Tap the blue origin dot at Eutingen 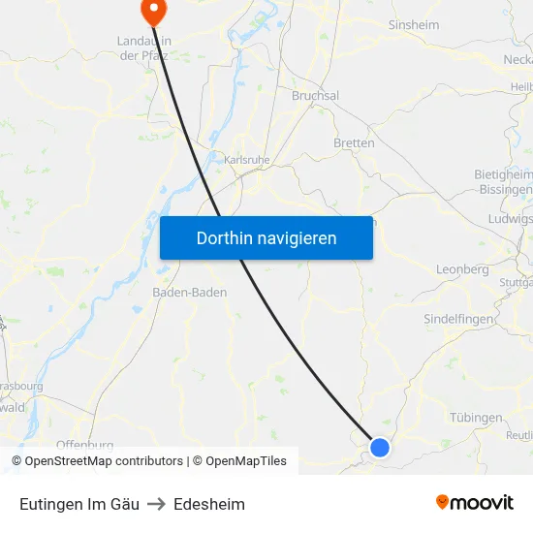(x=380, y=448)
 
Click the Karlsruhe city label (x=246, y=160)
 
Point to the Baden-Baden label (x=190, y=292)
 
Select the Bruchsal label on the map (x=315, y=96)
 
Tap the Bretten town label (x=354, y=142)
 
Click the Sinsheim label (x=415, y=24)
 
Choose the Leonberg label (x=462, y=269)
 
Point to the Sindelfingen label (x=459, y=319)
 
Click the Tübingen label (x=476, y=418)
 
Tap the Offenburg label (x=85, y=445)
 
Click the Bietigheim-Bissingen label (x=504, y=181)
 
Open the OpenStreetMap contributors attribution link (x=104, y=461)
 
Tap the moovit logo (x=475, y=503)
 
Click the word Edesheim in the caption (x=209, y=504)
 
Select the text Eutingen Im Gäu (x=79, y=504)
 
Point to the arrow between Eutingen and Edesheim (x=156, y=504)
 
